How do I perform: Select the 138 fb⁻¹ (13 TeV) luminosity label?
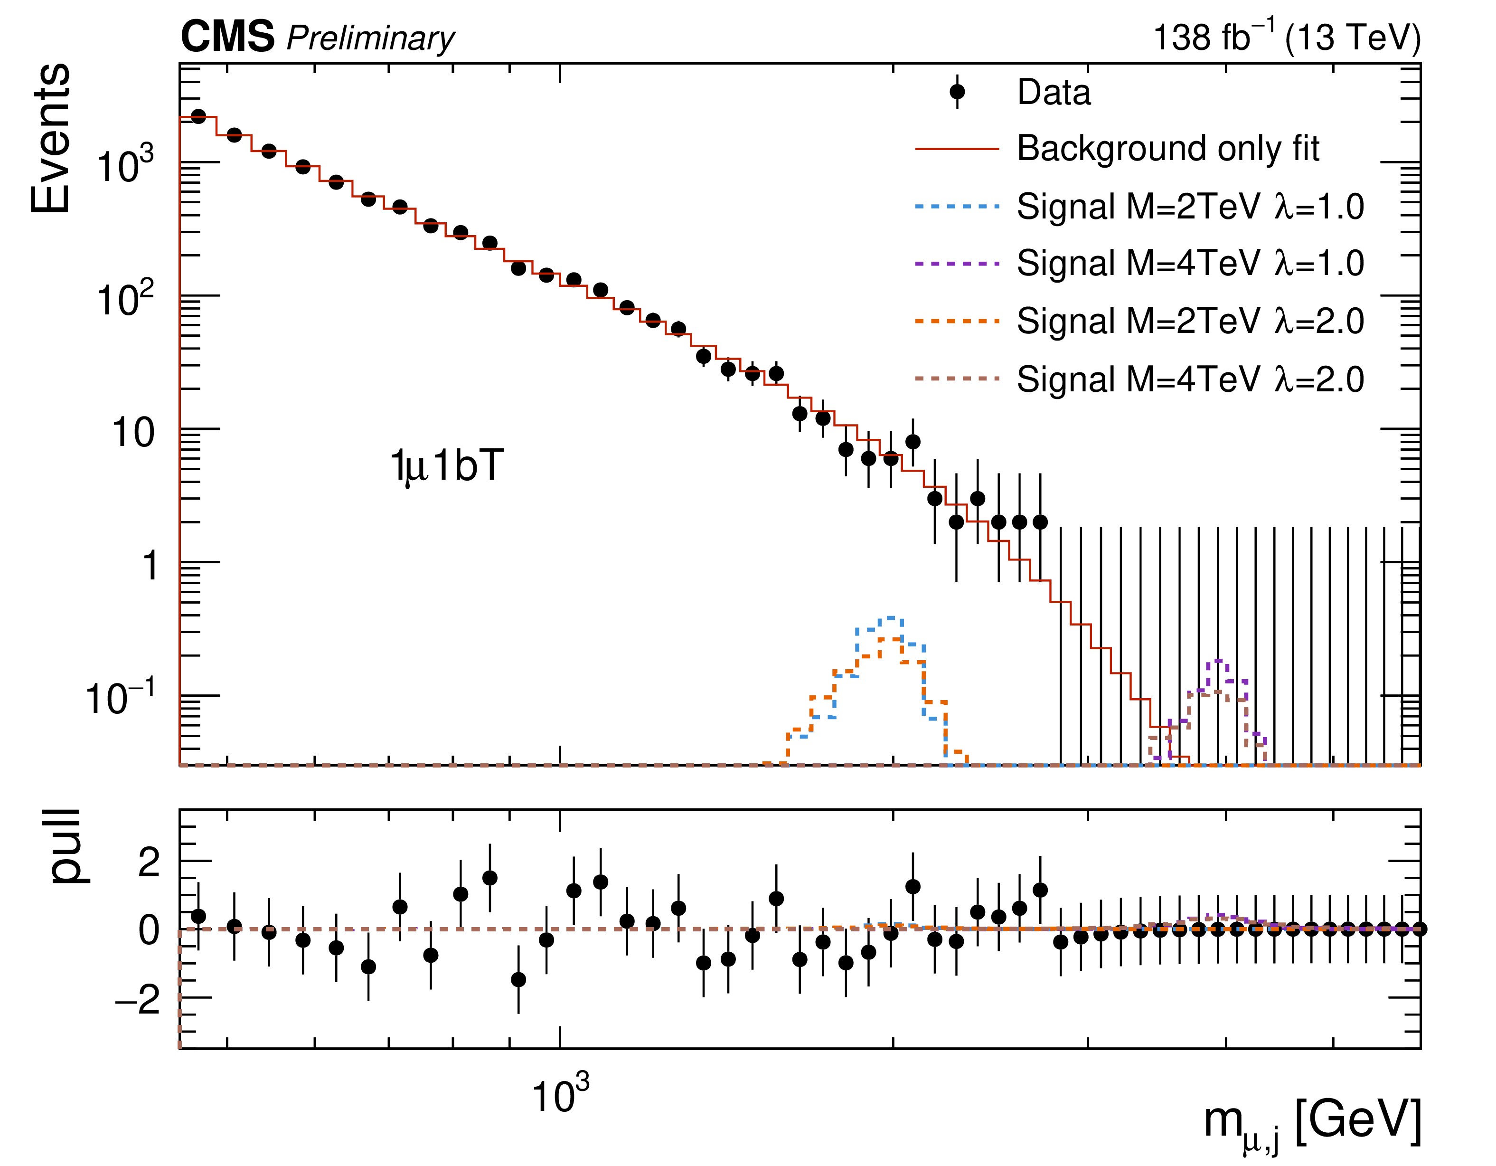point(1287,37)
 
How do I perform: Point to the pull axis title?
point(66,847)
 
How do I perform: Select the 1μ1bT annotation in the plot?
point(447,466)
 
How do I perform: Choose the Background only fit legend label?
point(1168,148)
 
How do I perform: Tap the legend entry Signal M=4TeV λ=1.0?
point(1190,263)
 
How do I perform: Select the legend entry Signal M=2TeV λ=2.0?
point(1190,321)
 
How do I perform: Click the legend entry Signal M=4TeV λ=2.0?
point(1190,379)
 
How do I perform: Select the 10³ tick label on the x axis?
point(560,1095)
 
